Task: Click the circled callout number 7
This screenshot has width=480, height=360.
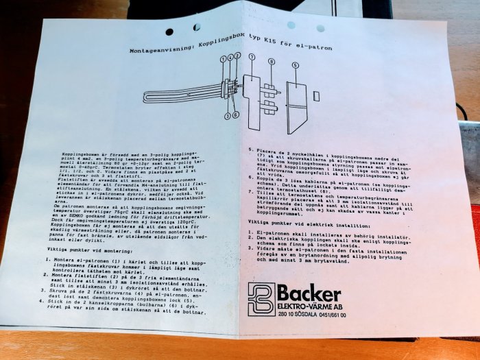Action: click(252, 57)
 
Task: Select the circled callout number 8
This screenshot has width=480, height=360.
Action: click(272, 62)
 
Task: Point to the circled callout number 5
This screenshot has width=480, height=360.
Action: click(295, 65)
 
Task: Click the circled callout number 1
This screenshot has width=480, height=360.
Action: click(223, 58)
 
